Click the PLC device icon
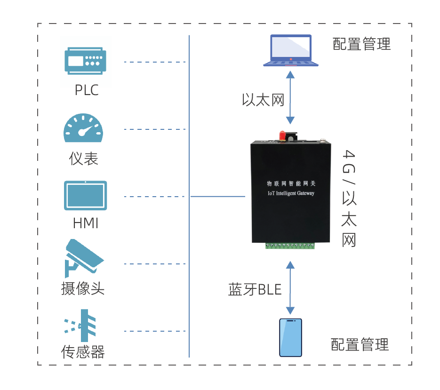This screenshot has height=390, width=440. pyautogui.click(x=85, y=61)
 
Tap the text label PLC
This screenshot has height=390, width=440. pyautogui.click(x=87, y=90)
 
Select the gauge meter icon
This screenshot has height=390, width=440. pyautogui.click(x=83, y=127)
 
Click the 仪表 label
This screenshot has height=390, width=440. pyautogui.click(x=83, y=159)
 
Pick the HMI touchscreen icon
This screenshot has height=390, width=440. pyautogui.click(x=85, y=196)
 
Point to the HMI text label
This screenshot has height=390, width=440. pyautogui.click(x=86, y=223)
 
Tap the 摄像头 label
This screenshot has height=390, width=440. pyautogui.click(x=83, y=288)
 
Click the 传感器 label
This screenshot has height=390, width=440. pyautogui.click(x=83, y=352)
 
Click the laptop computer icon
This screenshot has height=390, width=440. pyautogui.click(x=291, y=50)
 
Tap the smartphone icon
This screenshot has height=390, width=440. pyautogui.click(x=290, y=337)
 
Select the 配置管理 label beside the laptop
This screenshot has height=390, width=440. pyautogui.click(x=361, y=44)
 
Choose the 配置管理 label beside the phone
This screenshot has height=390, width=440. pyautogui.click(x=360, y=344)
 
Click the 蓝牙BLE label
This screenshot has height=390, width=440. pyautogui.click(x=255, y=289)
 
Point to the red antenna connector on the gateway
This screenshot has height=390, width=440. pyautogui.click(x=282, y=135)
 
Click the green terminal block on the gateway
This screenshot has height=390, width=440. pyautogui.click(x=290, y=246)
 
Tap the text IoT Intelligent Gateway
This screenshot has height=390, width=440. pyautogui.click(x=291, y=193)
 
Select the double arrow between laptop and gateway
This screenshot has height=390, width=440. pyautogui.click(x=290, y=97)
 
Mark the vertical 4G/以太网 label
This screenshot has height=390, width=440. pyautogui.click(x=349, y=198)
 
